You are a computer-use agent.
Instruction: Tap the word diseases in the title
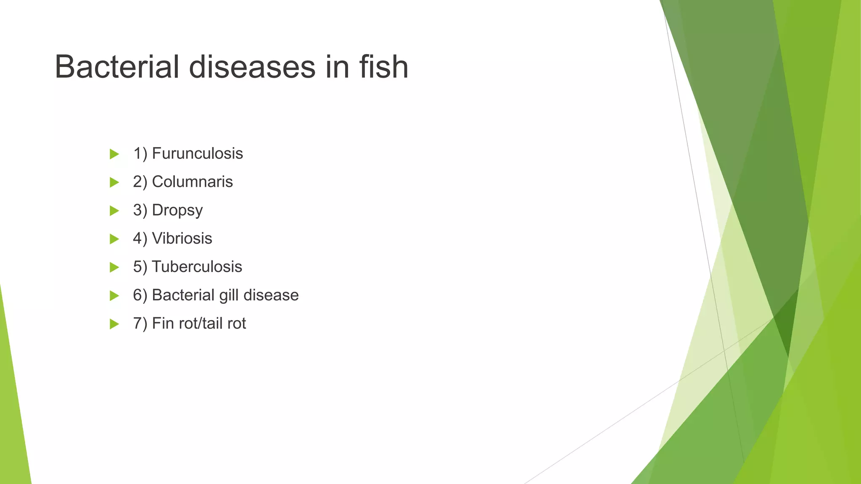[x=252, y=67]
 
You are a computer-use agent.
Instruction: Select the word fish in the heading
[x=384, y=67]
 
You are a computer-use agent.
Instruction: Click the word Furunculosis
[x=197, y=154]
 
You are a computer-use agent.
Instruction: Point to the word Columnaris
[x=192, y=182]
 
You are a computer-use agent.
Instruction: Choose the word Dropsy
[x=177, y=210]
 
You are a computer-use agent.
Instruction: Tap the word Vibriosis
[x=182, y=239]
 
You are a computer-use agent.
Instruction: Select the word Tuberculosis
[x=197, y=267]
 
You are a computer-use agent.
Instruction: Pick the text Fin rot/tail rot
[x=198, y=324]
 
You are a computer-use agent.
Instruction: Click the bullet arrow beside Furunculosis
[x=114, y=154]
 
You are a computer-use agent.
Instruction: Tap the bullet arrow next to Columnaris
[x=114, y=182]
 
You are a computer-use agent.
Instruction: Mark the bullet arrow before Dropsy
[x=114, y=210]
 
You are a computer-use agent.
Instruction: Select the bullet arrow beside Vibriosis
[x=114, y=239]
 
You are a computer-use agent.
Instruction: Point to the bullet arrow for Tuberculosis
[x=114, y=267]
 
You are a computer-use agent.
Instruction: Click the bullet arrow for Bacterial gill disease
[x=114, y=296]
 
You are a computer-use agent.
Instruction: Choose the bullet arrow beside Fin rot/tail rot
[x=114, y=324]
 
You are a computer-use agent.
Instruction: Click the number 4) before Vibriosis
[x=140, y=239]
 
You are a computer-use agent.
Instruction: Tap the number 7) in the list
[x=140, y=324]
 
